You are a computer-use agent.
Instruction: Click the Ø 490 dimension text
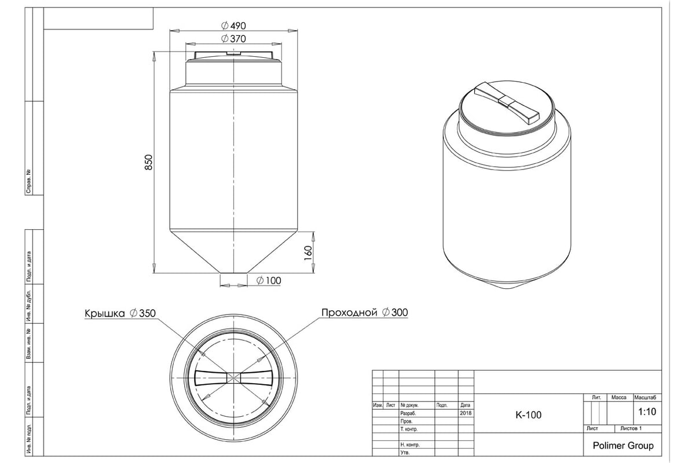[x=233, y=25]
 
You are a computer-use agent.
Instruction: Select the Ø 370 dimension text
[x=233, y=39]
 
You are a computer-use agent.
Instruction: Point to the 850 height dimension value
[x=149, y=162]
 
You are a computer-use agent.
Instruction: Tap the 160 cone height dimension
[x=308, y=253]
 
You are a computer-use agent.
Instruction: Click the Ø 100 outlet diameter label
[x=269, y=280]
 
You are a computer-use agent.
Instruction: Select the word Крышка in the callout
[x=105, y=313]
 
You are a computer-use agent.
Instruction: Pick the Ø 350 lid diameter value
[x=142, y=313]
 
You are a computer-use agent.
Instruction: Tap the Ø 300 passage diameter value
[x=395, y=313]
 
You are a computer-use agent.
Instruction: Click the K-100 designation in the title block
[x=528, y=415]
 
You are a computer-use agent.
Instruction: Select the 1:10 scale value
[x=647, y=412]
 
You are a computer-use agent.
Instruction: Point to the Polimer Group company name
[x=623, y=446]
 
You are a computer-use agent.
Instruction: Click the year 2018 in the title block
[x=466, y=413]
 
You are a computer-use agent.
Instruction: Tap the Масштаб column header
[x=645, y=397]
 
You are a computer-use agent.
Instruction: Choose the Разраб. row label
[x=408, y=413]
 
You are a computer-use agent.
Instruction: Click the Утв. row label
[x=405, y=453]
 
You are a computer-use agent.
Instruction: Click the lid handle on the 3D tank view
[x=507, y=103]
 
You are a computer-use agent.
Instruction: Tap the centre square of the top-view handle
[x=233, y=378]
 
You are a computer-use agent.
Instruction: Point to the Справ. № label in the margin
[x=29, y=181]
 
